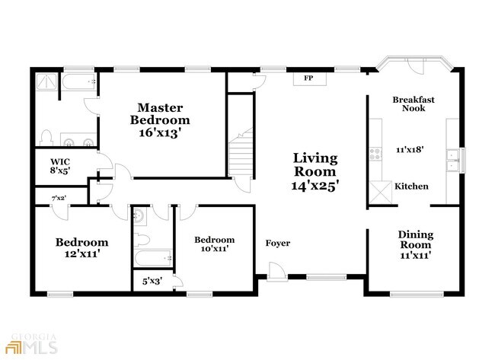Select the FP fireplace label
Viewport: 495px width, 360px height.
pos(308,78)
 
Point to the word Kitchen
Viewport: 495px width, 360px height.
pos(411,186)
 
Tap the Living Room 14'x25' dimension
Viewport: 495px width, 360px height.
pos(315,184)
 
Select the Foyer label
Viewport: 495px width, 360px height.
pos(277,244)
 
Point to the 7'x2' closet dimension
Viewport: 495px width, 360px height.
pos(59,198)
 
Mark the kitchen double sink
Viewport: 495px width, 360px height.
pos(453,160)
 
